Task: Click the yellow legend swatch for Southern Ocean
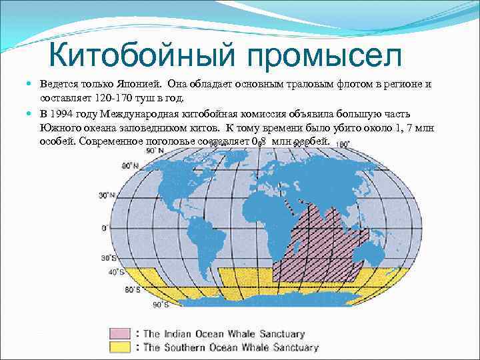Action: click(x=121, y=347)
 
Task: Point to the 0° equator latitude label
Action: click(x=104, y=228)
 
